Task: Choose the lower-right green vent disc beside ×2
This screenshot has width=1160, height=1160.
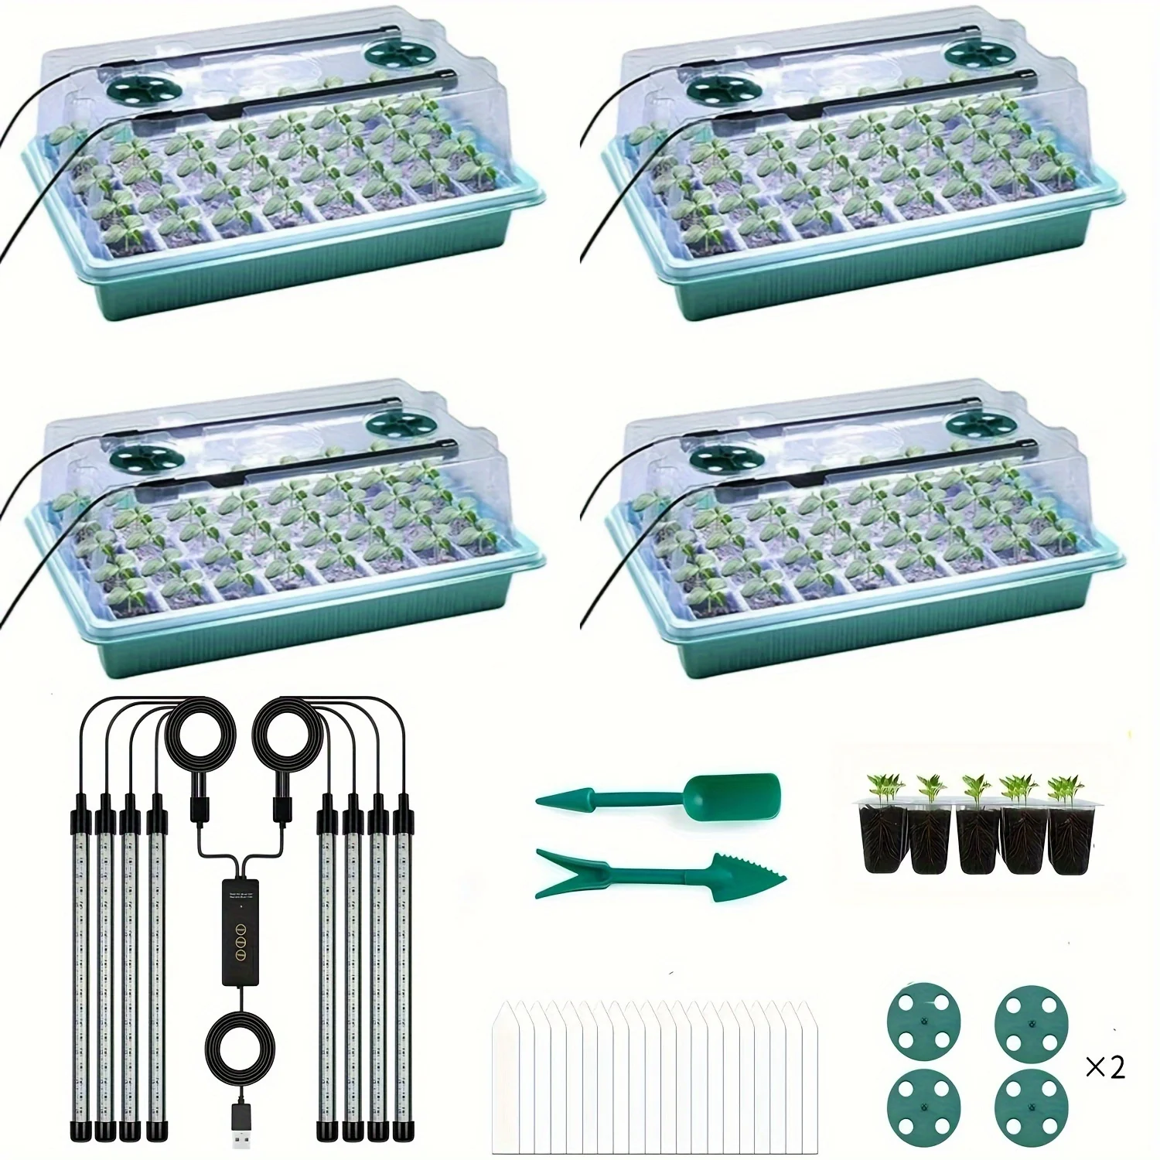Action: tap(1025, 1104)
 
